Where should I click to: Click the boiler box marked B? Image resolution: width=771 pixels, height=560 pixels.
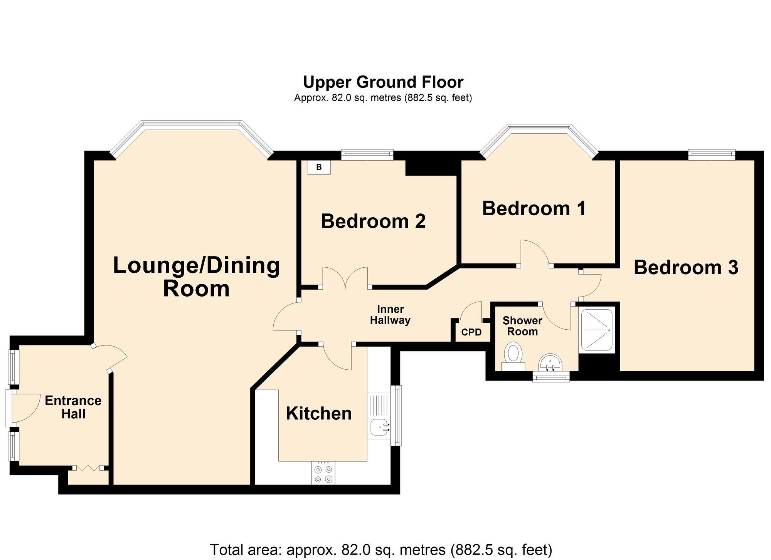(319, 167)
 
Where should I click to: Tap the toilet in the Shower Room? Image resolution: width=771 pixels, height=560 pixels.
(513, 356)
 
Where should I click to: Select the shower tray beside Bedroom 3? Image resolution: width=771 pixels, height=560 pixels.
(596, 330)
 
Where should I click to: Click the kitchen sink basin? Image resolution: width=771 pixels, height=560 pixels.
(378, 427)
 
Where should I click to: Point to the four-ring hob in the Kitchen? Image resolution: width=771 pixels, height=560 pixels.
(323, 474)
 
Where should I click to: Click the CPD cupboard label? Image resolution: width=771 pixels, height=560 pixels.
(471, 332)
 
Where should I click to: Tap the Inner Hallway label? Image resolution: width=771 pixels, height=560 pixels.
(390, 315)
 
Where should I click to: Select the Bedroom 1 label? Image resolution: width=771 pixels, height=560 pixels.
(534, 208)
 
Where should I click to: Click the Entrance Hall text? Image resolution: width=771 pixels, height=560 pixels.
(73, 407)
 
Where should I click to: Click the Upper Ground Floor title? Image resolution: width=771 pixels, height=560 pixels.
(383, 82)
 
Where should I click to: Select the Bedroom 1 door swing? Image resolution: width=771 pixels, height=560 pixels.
(535, 253)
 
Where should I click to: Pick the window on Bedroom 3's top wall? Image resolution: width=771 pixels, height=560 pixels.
(712, 155)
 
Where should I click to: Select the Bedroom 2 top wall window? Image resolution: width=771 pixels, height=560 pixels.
(367, 155)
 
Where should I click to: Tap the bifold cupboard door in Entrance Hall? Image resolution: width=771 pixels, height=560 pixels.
(88, 468)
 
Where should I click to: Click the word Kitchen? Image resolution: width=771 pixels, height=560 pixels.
(319, 414)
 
